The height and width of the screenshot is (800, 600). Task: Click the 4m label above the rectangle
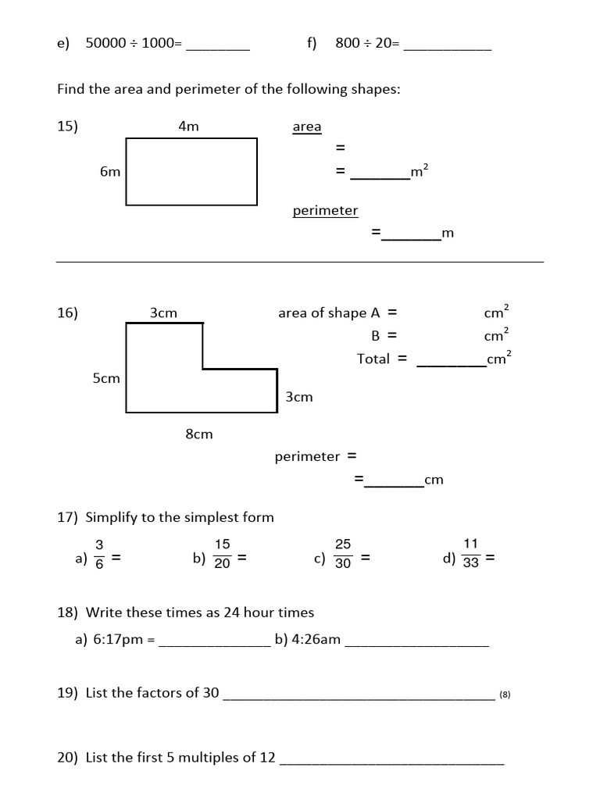click(189, 126)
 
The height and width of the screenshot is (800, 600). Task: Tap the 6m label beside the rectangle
click(110, 172)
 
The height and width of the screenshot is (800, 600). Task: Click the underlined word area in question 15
click(307, 127)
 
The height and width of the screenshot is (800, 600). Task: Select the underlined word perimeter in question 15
click(325, 210)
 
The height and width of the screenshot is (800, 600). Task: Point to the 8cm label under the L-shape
click(199, 434)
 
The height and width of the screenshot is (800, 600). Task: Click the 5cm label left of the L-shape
click(106, 378)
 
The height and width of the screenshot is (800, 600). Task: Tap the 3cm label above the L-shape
click(164, 312)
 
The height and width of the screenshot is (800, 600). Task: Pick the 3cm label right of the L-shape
click(299, 397)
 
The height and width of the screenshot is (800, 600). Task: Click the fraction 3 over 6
click(99, 554)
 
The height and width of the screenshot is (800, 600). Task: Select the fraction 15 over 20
click(222, 554)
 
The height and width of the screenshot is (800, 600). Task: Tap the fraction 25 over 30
click(343, 554)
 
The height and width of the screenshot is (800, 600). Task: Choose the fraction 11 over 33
click(470, 554)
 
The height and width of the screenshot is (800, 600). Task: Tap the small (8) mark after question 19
click(505, 695)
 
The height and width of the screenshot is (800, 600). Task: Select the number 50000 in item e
click(105, 44)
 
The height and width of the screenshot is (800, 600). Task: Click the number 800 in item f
click(348, 44)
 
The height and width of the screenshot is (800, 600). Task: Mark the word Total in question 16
click(373, 359)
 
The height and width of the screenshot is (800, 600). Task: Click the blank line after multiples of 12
click(391, 762)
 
